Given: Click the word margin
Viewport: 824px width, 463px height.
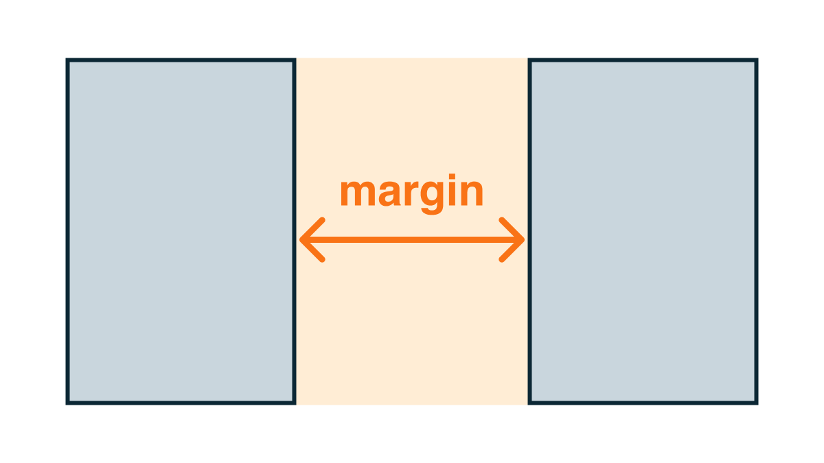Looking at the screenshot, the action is click(411, 193).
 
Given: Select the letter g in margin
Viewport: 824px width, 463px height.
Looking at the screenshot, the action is click(432, 198).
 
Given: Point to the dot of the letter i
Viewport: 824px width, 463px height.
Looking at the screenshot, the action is click(452, 176).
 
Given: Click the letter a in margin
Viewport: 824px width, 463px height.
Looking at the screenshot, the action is click(389, 193).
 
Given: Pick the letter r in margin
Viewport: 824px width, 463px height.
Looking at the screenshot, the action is click(411, 193).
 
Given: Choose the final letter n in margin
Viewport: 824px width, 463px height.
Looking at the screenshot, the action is click(472, 193).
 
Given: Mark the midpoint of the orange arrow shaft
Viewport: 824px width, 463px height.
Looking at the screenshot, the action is click(412, 240).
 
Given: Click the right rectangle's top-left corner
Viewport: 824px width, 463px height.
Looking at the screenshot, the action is click(528, 58).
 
